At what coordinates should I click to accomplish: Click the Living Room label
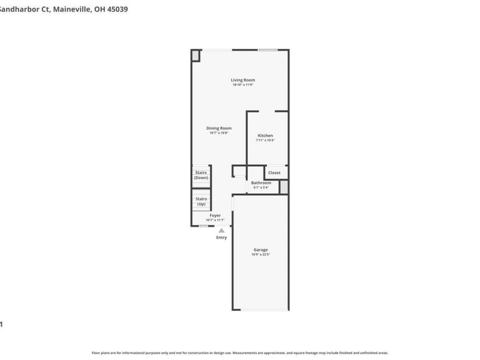click(243, 80)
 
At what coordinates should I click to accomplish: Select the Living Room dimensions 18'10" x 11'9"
click(243, 85)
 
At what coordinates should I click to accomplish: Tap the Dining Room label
click(218, 128)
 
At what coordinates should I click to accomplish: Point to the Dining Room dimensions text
click(218, 133)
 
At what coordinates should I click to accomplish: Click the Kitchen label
click(265, 136)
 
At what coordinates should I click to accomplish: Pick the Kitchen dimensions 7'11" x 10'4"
click(265, 140)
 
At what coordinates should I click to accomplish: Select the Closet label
click(274, 173)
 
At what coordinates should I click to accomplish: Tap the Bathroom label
click(261, 182)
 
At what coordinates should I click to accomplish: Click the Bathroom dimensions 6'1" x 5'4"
click(261, 187)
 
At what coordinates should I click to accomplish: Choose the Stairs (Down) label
click(201, 175)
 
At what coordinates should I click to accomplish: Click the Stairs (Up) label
click(201, 201)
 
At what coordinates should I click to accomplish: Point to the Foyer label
click(215, 215)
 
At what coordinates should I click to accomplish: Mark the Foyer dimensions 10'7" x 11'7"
click(215, 220)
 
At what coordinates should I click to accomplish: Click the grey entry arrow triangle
click(221, 230)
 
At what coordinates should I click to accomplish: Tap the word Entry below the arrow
click(221, 238)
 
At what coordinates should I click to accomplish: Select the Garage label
click(260, 250)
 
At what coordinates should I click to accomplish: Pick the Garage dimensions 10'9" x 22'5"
click(260, 254)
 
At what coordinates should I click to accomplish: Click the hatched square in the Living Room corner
click(196, 55)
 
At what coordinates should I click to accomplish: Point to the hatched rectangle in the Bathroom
click(284, 187)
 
